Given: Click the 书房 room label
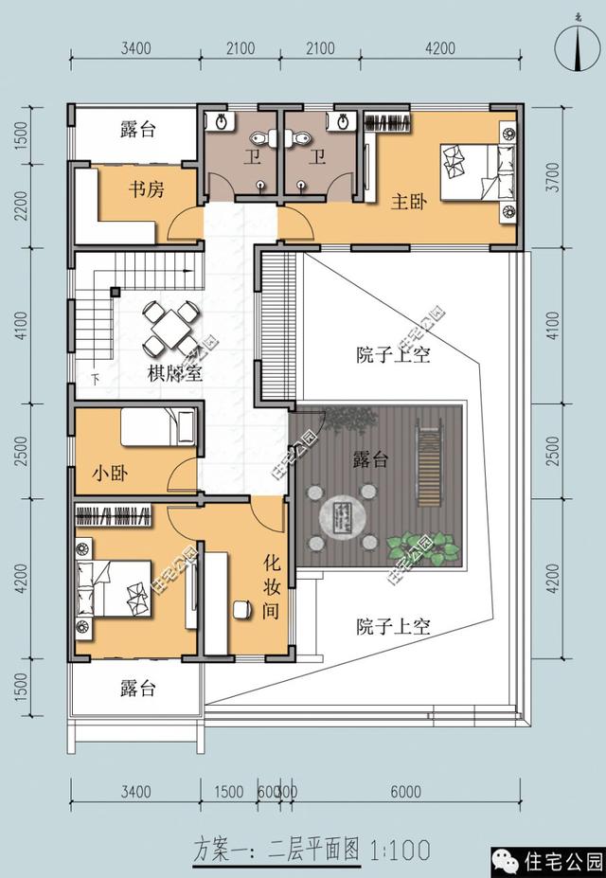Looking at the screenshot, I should click(x=146, y=189).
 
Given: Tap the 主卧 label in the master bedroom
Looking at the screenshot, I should click(x=410, y=200).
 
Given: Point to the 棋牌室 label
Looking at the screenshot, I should click(x=174, y=373).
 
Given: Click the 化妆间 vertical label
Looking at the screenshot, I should click(x=271, y=586).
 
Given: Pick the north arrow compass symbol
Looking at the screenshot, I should click(x=579, y=49).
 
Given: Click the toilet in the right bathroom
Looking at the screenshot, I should click(x=302, y=138).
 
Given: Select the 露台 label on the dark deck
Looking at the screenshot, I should click(x=370, y=460).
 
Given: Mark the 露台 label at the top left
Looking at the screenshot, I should click(x=138, y=130).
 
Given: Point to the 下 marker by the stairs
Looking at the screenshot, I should click(x=95, y=380).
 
